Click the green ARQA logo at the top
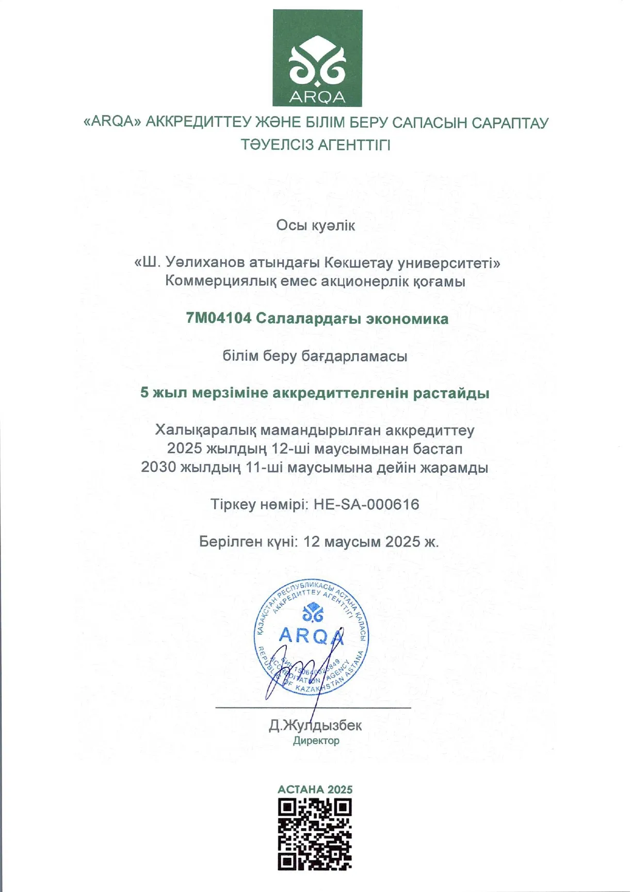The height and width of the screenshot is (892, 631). coord(317,58)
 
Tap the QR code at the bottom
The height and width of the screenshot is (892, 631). coord(315,834)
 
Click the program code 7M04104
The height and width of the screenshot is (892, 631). coord(219,318)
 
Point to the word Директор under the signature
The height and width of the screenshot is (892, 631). coord(316,741)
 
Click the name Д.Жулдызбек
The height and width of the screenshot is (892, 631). coord(315,725)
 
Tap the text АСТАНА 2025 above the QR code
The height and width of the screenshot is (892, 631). coord(315,789)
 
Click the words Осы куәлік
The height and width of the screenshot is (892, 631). coord(315,225)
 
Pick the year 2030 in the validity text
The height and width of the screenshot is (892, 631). coord(158,468)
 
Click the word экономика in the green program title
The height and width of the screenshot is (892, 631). coord(407,319)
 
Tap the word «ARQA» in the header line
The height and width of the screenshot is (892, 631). coord(112,123)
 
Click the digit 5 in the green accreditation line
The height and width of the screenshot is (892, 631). coord(144,393)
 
